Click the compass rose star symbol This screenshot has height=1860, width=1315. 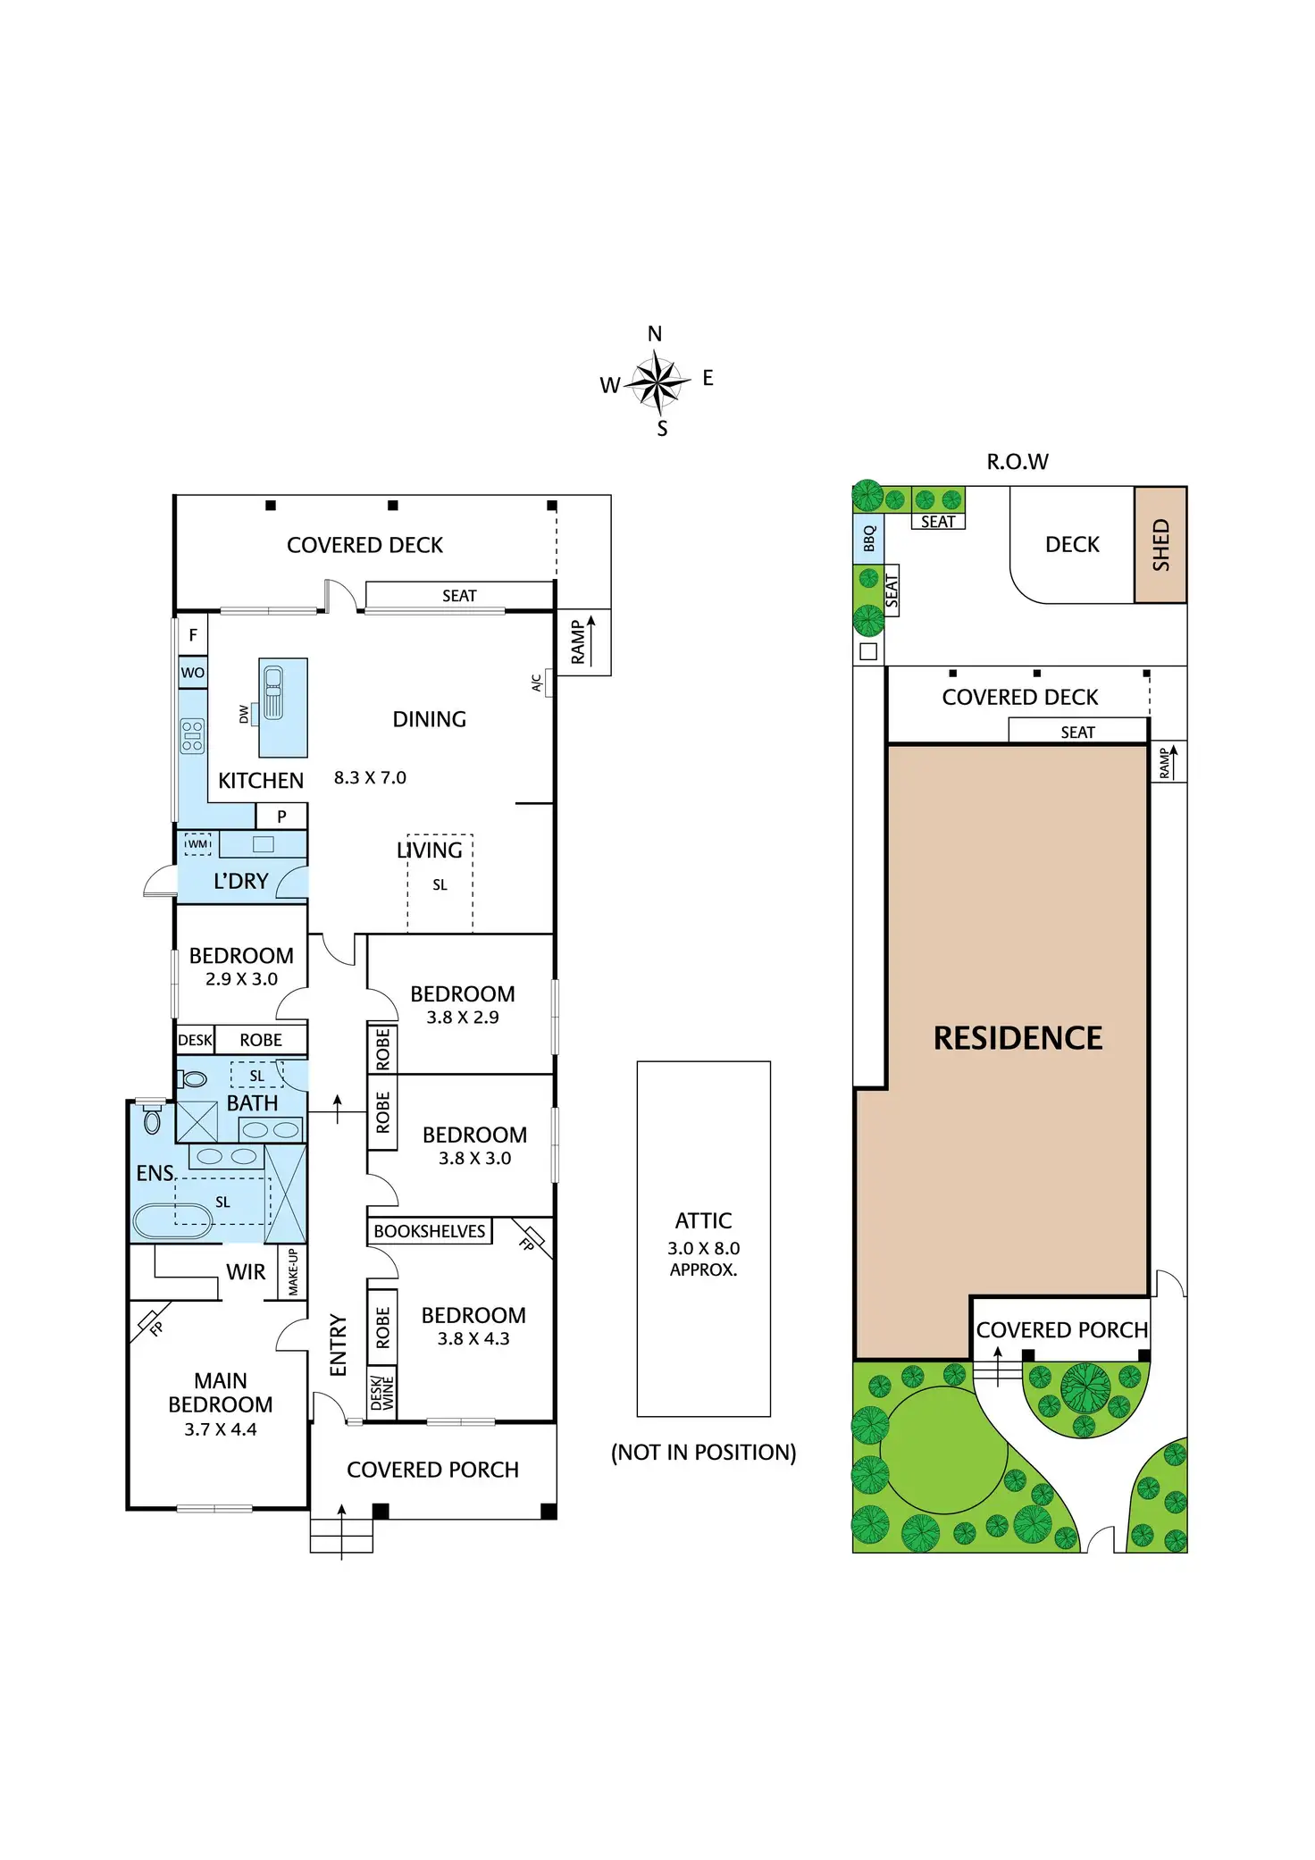pyautogui.click(x=657, y=381)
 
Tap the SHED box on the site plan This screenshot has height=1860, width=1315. pyautogui.click(x=1160, y=544)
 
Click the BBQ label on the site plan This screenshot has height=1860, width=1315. pyautogui.click(x=868, y=538)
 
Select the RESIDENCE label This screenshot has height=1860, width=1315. pyautogui.click(x=1018, y=1038)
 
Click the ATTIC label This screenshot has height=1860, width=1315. pyautogui.click(x=703, y=1220)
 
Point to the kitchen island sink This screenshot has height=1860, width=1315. pyautogui.click(x=273, y=692)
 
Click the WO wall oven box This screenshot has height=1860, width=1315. pyautogui.click(x=193, y=673)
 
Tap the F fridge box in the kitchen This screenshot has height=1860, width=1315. pyautogui.click(x=193, y=635)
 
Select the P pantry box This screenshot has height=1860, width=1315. pyautogui.click(x=281, y=816)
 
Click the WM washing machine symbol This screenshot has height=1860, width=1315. pyautogui.click(x=197, y=844)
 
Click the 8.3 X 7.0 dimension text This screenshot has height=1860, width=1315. pyautogui.click(x=370, y=778)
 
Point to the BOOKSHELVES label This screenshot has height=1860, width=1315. pyautogui.click(x=429, y=1231)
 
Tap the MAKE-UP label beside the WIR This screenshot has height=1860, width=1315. pyautogui.click(x=293, y=1271)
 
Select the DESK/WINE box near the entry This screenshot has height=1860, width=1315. pyautogui.click(x=382, y=1392)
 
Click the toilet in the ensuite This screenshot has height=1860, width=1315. pyautogui.click(x=152, y=1120)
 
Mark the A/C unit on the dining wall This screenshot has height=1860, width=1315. pyautogui.click(x=548, y=684)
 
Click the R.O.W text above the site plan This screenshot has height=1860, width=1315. pyautogui.click(x=1017, y=462)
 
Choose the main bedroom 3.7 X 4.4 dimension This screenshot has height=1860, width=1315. pyautogui.click(x=220, y=1429)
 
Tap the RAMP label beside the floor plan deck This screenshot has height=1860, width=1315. pyautogui.click(x=578, y=642)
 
